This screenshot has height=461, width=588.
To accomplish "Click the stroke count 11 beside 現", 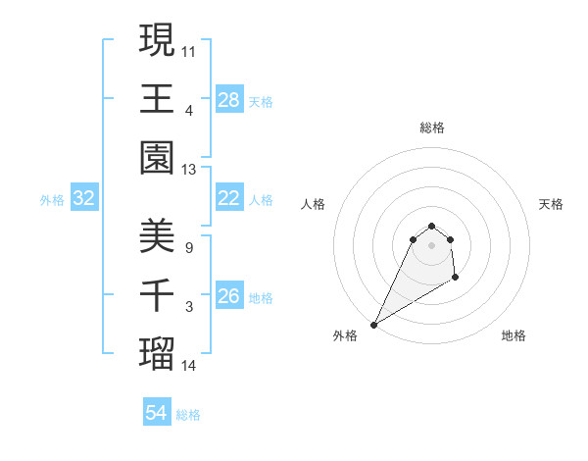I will point(189,50).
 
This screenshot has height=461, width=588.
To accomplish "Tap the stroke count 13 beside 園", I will point(189,170).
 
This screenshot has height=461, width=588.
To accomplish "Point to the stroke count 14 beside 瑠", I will point(189,367).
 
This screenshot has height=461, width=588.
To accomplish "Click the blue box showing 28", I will point(229,99).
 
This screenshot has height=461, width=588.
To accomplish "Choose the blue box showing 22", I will point(229,198).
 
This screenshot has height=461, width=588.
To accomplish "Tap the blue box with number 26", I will point(229,295).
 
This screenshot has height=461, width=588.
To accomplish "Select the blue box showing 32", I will point(84,198).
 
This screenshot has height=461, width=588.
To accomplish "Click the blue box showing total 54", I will point(157,413).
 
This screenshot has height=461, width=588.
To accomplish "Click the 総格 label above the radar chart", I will point(431,128).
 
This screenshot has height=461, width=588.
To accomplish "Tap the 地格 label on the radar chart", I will point(514,335).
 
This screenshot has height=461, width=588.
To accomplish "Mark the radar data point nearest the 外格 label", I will point(373,325).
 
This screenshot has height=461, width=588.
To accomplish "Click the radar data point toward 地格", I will point(456,279).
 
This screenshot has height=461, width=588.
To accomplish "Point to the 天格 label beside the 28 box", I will point(262,101).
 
